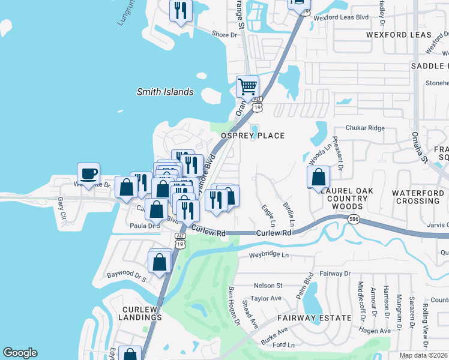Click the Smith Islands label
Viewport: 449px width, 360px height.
(165, 92)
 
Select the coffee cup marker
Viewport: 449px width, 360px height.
(88, 174)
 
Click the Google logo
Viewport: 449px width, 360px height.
(20, 353)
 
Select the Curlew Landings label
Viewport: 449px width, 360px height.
(140, 314)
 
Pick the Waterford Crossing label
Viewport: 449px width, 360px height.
(418, 197)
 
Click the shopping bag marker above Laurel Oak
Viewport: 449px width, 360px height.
(318, 177)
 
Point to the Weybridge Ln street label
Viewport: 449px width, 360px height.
(269, 255)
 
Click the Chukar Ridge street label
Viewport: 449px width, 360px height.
(364, 128)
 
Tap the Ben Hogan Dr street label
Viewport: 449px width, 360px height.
(234, 307)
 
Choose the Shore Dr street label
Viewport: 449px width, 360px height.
(224, 35)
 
